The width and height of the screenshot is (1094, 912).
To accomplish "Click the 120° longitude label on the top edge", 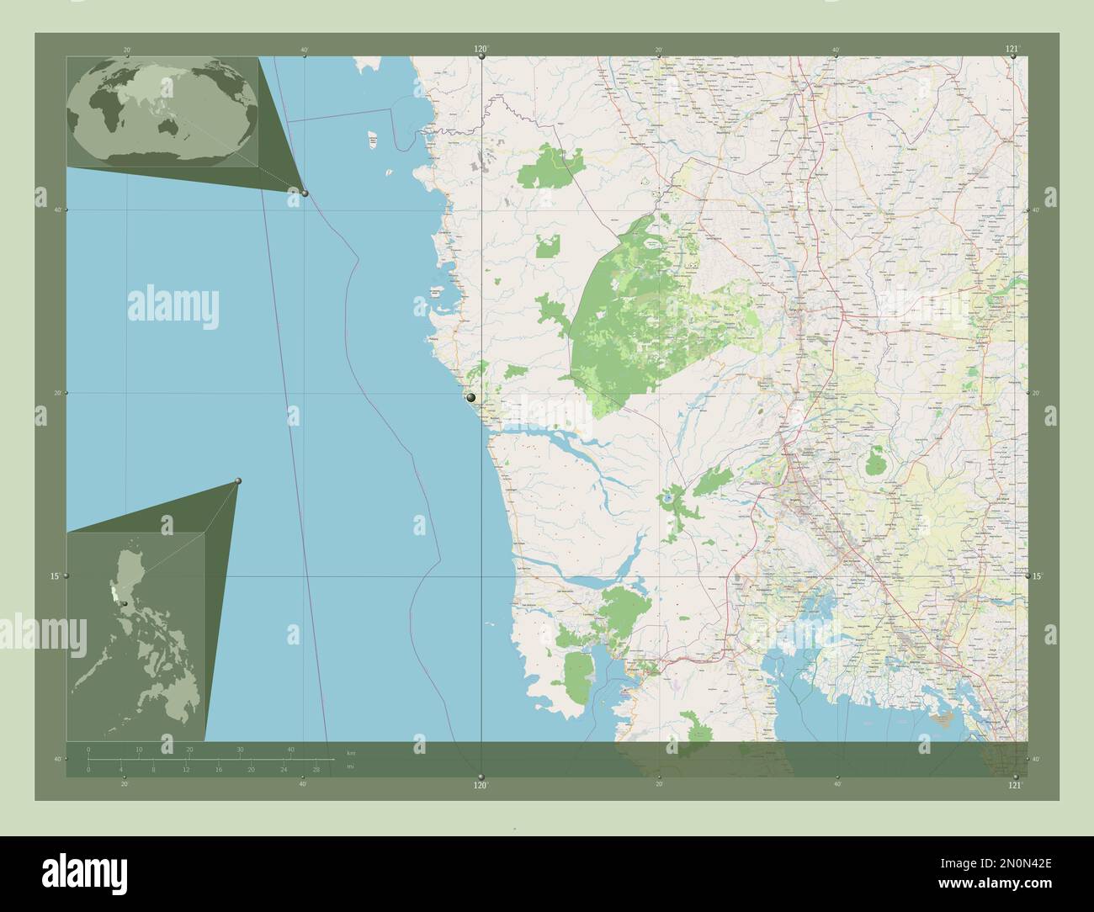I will pos(481,49).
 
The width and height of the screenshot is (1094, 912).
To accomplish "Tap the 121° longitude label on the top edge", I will pos(1012,49).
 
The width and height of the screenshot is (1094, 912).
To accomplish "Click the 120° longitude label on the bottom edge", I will pos(481,785).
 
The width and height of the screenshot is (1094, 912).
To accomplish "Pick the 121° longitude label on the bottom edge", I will pos(1015,785).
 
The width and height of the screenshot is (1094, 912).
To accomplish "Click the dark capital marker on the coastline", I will pos(470,397).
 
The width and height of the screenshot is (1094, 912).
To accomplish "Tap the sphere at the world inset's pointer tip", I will pos(305,193).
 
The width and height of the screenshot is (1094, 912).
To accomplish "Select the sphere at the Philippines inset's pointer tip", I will pos(239,480).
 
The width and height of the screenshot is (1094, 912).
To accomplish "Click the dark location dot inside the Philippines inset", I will pos(124,603).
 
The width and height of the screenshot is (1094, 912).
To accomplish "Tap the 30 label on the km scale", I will pos(240,749).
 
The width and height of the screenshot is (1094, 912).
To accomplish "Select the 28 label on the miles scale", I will pos(316,770).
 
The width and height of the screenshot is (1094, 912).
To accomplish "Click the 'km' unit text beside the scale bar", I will pos(351,752).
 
